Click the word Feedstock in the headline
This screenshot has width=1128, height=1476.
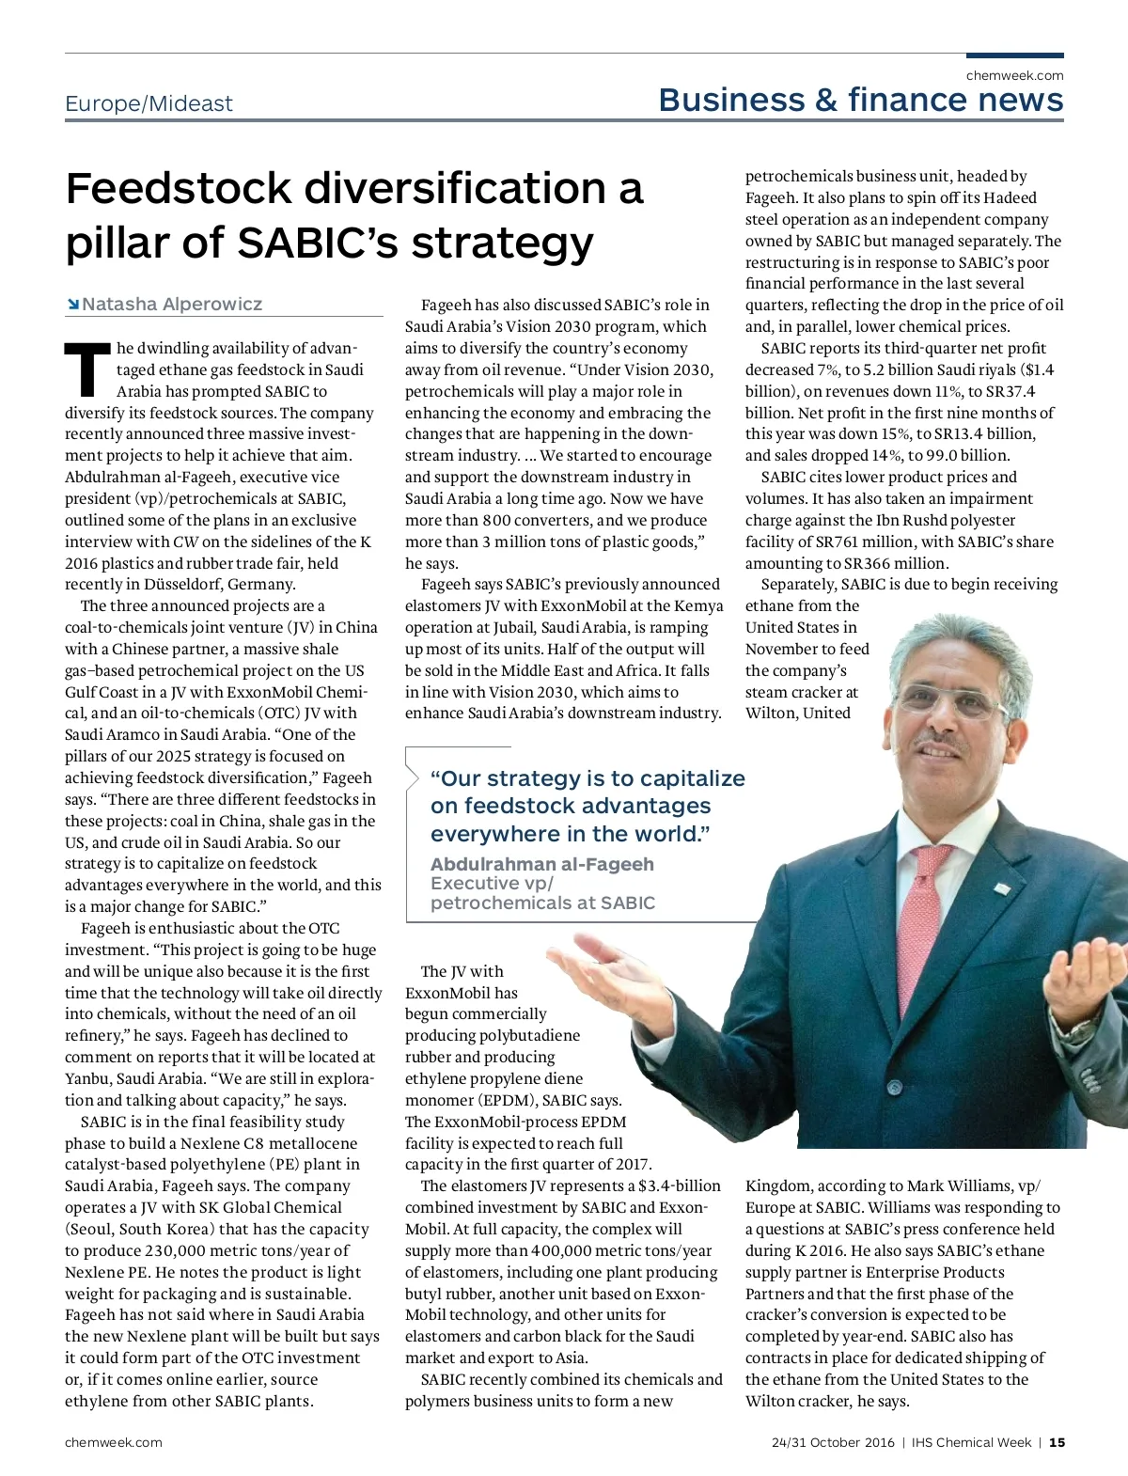coord(180,189)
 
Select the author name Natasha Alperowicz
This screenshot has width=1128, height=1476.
coord(172,304)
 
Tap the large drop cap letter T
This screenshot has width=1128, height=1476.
coord(86,369)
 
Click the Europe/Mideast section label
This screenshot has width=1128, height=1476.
coord(149,103)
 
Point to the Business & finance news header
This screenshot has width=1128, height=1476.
coord(861,100)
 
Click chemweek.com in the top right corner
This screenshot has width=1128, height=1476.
coord(1014,75)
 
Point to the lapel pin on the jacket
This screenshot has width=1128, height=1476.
coord(1002,887)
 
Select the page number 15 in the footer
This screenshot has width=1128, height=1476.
coord(1057,1442)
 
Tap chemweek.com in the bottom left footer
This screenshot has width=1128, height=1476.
coord(113,1442)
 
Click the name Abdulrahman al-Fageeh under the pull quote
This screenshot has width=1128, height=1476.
coord(541,864)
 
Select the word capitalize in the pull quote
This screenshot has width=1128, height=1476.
coord(686,778)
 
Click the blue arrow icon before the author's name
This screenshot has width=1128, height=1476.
coord(72,304)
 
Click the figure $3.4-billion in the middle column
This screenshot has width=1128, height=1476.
coord(679,1186)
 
